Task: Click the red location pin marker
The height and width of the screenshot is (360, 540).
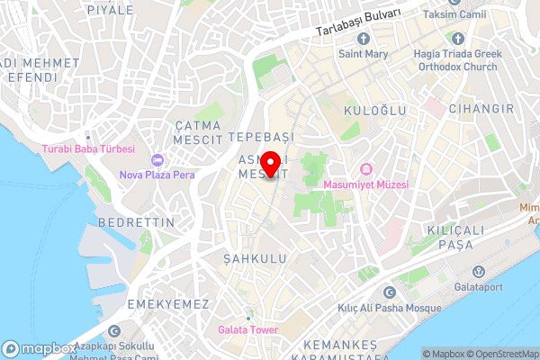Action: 271,156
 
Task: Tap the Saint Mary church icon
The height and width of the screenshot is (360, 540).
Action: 363,39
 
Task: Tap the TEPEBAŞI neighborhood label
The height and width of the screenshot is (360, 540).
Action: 262,136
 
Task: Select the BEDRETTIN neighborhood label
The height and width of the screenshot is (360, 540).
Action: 130,221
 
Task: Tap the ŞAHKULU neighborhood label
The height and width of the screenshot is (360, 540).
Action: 255,258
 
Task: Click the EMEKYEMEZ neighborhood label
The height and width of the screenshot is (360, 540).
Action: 168,304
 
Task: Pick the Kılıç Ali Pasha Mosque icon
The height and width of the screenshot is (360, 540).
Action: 389,293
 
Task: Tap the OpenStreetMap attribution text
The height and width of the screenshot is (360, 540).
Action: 501,354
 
